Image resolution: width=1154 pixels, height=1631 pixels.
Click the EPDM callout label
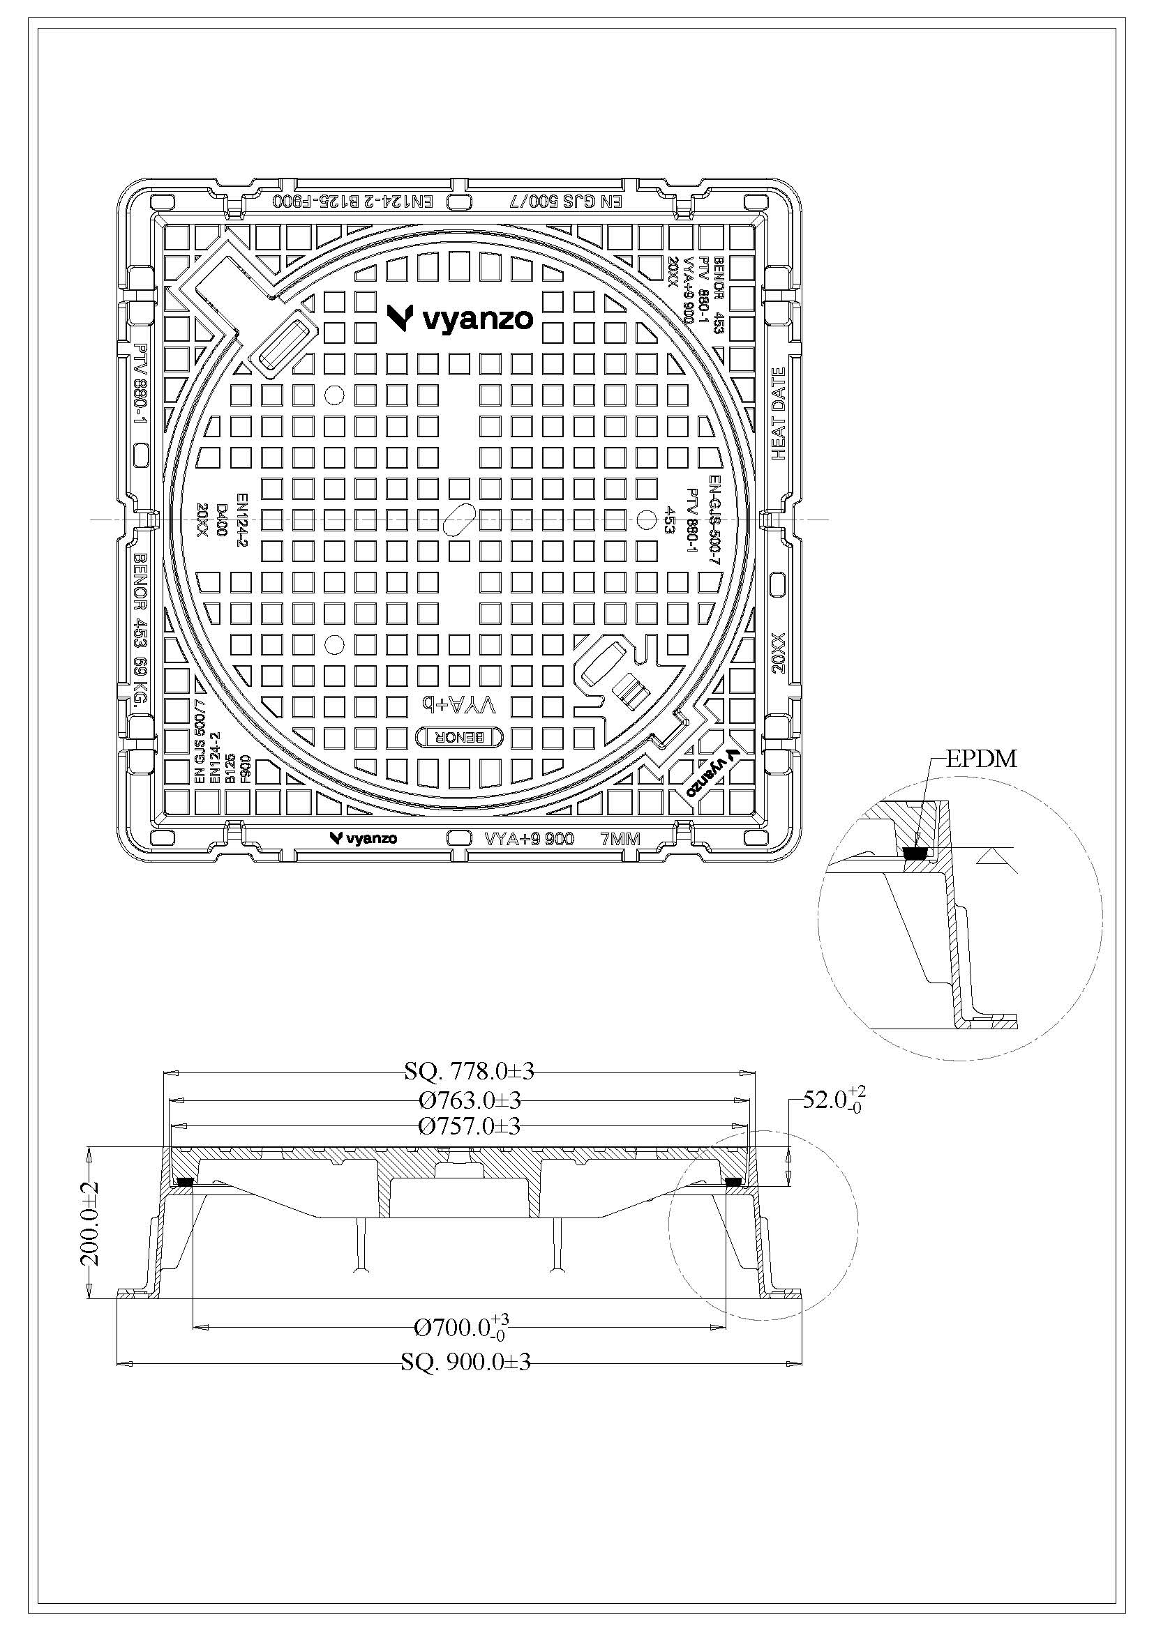tap(982, 759)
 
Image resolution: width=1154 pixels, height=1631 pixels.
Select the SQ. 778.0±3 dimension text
tap(469, 1070)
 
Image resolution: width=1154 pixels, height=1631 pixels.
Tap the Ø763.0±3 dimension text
tap(470, 1100)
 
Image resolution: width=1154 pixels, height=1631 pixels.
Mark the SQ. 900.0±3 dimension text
tap(465, 1362)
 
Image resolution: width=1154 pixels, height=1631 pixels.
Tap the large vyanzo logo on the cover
tap(460, 318)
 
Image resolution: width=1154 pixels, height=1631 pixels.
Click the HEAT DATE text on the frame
tap(779, 414)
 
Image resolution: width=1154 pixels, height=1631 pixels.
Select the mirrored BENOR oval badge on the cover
tap(460, 738)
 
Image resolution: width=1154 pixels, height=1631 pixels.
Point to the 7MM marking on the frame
tap(620, 839)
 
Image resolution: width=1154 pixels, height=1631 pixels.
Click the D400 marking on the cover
tap(222, 521)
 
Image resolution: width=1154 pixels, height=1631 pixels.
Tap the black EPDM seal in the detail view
tap(915, 853)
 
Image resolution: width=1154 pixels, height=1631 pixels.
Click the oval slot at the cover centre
tap(459, 518)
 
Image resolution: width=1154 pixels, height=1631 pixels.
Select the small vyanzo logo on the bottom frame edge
tap(363, 838)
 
